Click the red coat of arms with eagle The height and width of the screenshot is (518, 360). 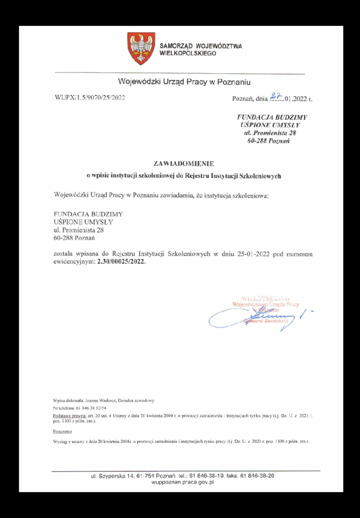[x=141, y=48]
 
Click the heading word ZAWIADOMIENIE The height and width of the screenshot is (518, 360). [x=184, y=163]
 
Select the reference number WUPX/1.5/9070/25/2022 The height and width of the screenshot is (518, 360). [x=89, y=98]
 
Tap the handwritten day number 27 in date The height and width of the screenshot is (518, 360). [x=276, y=96]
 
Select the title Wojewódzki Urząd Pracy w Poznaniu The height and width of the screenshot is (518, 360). [x=185, y=81]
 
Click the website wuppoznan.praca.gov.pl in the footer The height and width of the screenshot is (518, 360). [x=183, y=483]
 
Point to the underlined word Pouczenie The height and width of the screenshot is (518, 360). [x=62, y=431]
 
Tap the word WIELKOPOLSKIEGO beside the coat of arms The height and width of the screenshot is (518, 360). [x=188, y=53]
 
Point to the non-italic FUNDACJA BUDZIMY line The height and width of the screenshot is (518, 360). [x=88, y=214]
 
